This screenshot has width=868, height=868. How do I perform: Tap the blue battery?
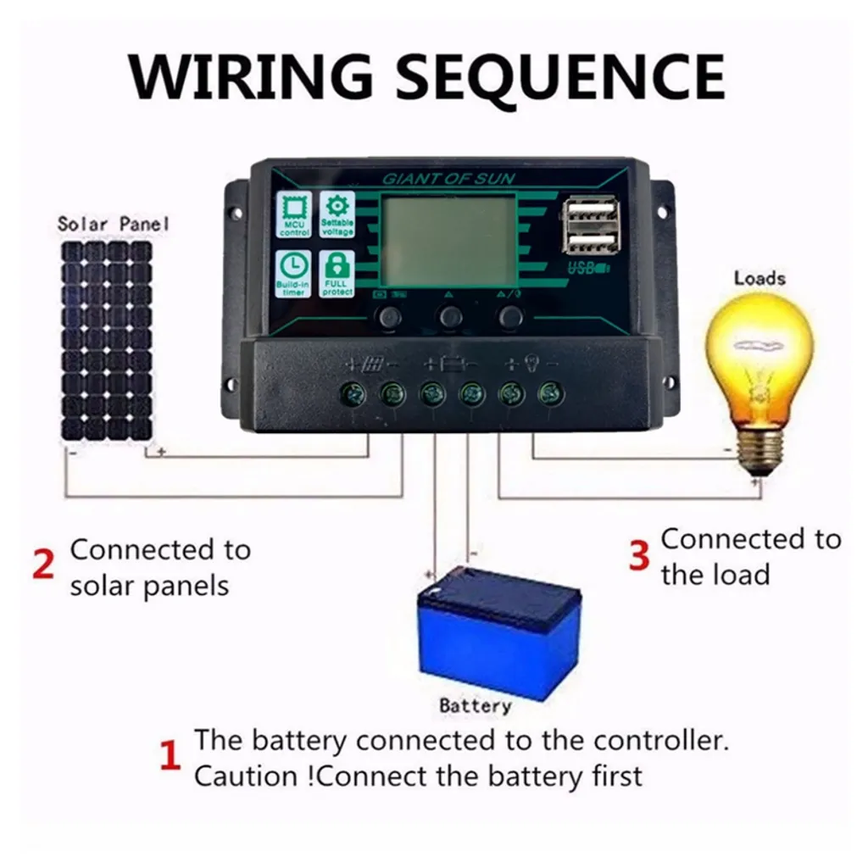coord(499,631)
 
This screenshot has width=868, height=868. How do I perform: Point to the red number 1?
coord(170,756)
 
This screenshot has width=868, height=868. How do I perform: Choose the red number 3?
coord(640,555)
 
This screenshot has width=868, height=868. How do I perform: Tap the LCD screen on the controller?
coord(448,241)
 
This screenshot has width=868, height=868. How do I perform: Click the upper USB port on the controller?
coord(590,211)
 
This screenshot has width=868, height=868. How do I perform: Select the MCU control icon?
coord(294,215)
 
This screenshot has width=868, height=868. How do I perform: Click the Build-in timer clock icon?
coord(294,273)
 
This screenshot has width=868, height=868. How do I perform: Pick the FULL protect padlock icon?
coord(337,273)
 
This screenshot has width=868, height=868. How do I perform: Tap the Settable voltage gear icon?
coord(337,215)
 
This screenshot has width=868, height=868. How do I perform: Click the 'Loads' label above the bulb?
coord(759,278)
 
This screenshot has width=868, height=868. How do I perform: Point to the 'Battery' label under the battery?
coord(476,705)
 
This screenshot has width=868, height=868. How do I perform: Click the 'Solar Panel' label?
coord(113,224)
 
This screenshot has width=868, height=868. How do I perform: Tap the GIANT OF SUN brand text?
coord(448,179)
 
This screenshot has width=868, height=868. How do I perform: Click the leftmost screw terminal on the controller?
coord(353,392)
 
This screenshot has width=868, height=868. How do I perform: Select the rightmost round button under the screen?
coord(510,317)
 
